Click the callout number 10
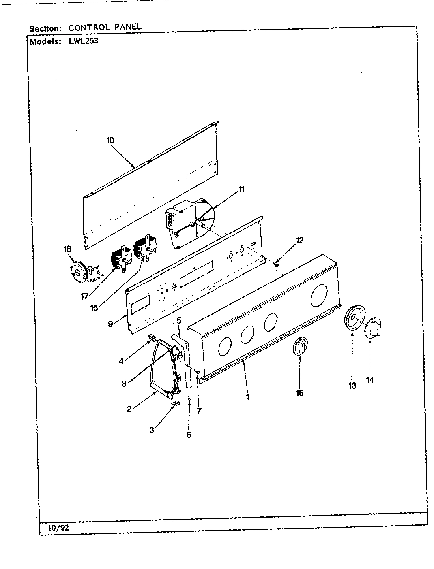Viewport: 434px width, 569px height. coord(110,140)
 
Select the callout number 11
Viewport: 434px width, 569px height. coord(241,189)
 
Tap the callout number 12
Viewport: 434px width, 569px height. coord(300,240)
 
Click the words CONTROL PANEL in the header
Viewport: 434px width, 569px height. coord(105,28)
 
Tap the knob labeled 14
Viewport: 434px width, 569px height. coord(374,329)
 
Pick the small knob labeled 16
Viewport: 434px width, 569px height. coord(300,347)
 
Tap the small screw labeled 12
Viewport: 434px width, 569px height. coord(276,264)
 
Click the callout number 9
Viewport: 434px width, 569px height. coord(111,323)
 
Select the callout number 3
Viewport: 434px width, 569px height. coord(152,430)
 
